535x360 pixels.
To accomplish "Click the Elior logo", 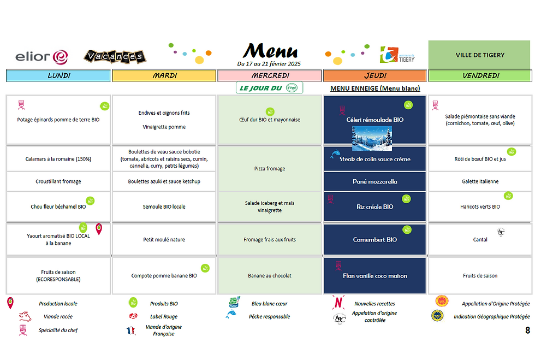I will click(41, 56).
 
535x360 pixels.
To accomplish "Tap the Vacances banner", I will click(114, 56).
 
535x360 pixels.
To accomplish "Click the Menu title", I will click(270, 51).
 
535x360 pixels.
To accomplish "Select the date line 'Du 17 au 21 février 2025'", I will click(269, 64).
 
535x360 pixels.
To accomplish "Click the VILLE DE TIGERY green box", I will click(479, 55).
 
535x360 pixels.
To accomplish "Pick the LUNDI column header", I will click(58, 76).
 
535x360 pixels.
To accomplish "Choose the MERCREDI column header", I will click(270, 76).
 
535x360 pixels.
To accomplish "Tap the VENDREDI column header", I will click(480, 76).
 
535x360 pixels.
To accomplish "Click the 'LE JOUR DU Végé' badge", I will click(270, 88).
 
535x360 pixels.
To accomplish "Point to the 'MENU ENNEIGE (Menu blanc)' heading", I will click(375, 88).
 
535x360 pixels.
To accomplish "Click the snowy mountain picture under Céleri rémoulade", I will click(372, 138).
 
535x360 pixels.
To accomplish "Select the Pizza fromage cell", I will click(270, 169).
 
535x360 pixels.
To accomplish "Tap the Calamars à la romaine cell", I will click(58, 159).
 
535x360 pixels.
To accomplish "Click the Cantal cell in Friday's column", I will click(480, 239).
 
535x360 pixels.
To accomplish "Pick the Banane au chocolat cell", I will click(270, 276).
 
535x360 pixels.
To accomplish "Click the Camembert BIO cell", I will click(375, 239).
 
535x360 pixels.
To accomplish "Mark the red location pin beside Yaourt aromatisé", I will click(99, 229).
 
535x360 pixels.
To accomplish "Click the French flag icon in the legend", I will click(131, 330).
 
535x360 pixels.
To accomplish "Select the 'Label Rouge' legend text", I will click(164, 316).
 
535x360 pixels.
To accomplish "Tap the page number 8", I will click(527, 330).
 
